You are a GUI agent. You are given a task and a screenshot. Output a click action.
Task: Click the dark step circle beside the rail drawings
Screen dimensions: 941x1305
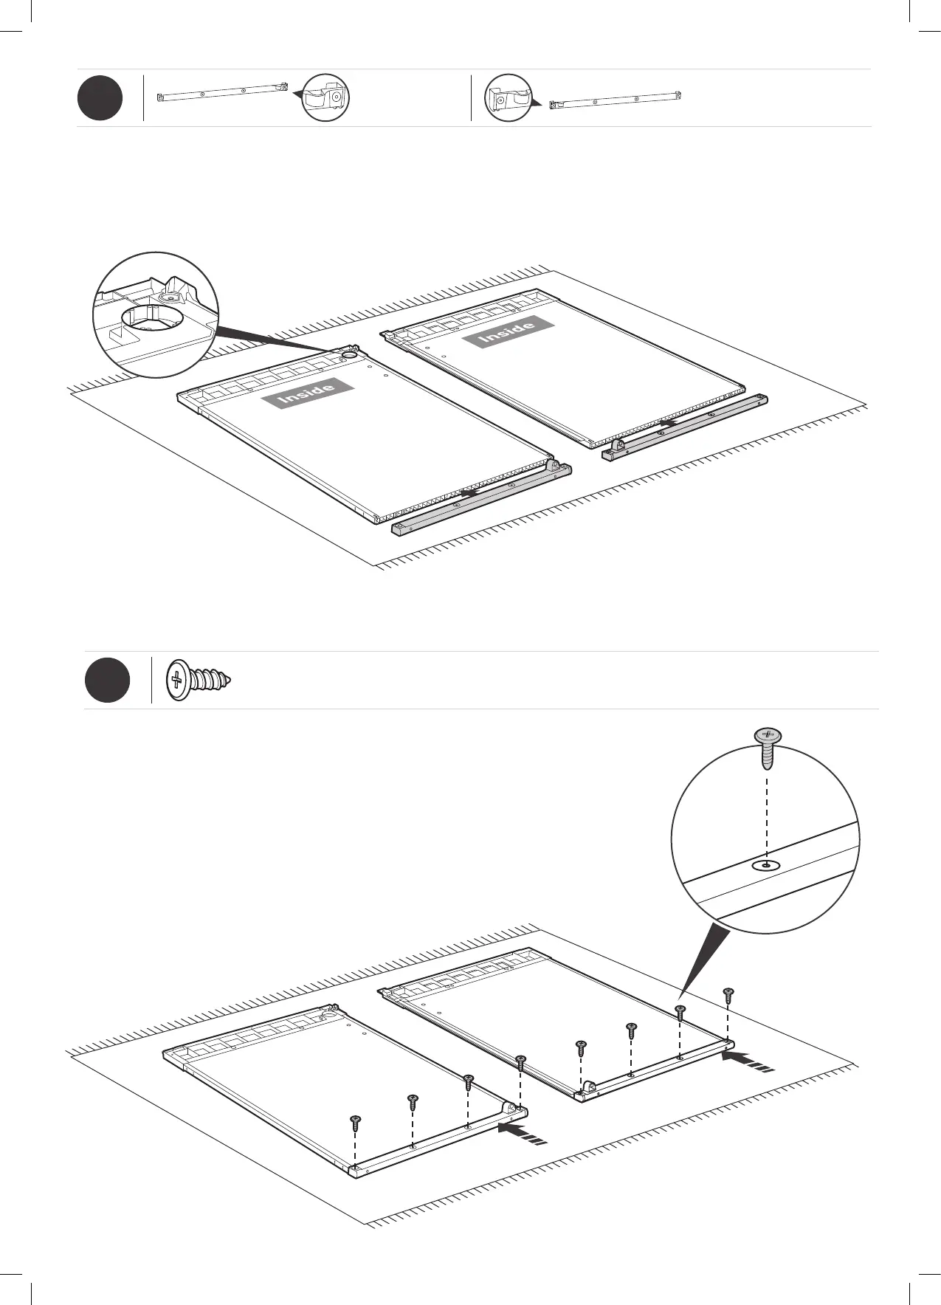(100, 99)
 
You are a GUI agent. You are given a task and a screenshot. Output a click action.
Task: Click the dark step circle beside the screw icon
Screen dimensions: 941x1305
(107, 680)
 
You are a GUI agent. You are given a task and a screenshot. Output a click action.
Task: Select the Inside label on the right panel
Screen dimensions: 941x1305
(508, 331)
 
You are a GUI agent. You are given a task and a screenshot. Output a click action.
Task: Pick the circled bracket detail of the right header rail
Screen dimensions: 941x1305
(509, 98)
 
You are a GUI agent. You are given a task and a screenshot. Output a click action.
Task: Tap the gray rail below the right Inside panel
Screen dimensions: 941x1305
(686, 427)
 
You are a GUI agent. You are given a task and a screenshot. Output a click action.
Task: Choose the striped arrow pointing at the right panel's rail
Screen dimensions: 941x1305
(747, 1061)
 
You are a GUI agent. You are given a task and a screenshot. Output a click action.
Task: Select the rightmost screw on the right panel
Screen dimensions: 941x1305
(728, 994)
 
